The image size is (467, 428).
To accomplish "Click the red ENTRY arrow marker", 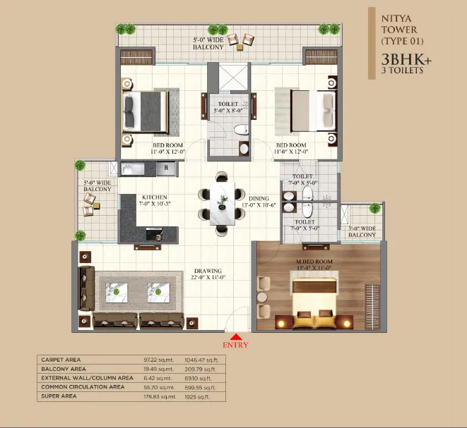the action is click(x=235, y=337).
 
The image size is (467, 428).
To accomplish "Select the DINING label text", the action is click(x=259, y=198).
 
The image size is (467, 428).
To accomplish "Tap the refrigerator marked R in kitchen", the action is click(x=166, y=168).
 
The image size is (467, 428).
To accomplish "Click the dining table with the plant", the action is click(x=222, y=204).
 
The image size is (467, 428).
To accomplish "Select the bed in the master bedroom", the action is click(x=314, y=303).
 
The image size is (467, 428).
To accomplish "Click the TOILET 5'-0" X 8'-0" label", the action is click(x=228, y=107).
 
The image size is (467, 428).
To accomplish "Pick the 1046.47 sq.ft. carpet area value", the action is click(x=201, y=360).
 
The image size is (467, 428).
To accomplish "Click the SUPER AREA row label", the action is click(x=59, y=396).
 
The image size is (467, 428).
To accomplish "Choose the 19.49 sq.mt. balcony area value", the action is click(x=159, y=369).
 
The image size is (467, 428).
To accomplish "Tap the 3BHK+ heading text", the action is click(x=406, y=59).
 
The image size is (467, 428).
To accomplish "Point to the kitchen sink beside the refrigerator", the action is click(x=133, y=169).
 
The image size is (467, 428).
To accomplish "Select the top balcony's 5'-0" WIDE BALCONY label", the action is click(x=208, y=44).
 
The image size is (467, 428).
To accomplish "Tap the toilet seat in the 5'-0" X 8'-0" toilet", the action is click(x=242, y=130).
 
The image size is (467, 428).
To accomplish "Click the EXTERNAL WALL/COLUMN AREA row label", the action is click(x=88, y=378).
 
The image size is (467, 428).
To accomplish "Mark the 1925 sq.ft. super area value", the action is click(x=197, y=397).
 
